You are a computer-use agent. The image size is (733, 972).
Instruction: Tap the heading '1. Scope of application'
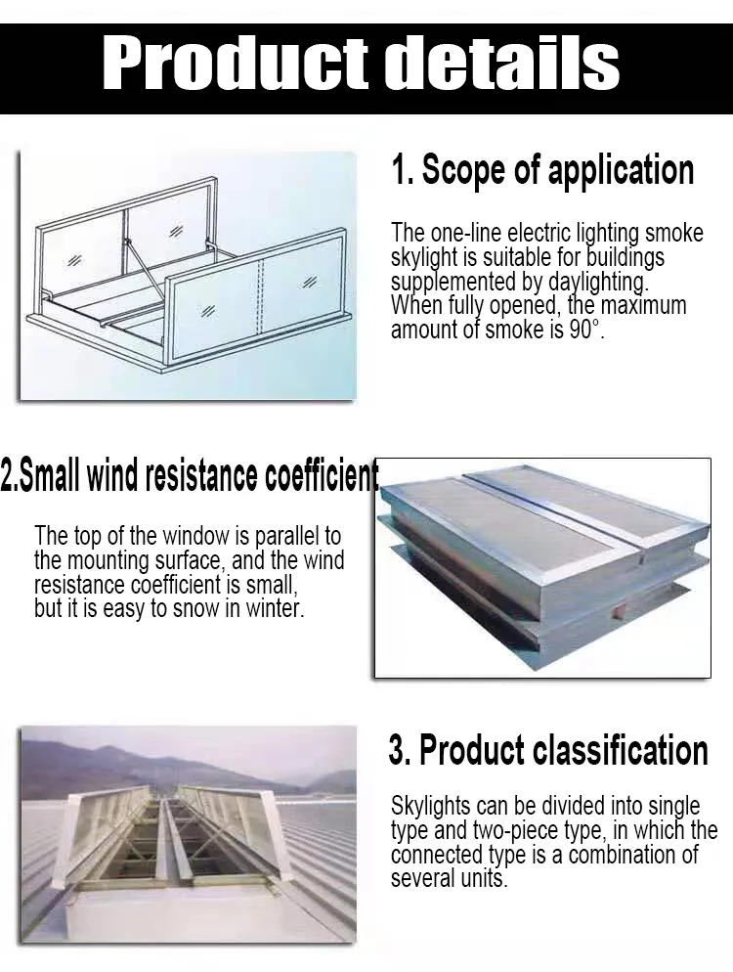(542, 170)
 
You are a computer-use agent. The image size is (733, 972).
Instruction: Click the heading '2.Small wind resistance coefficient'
(190, 476)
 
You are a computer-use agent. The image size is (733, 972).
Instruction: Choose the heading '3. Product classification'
(548, 751)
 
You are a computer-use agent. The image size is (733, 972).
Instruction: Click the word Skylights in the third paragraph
(433, 806)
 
